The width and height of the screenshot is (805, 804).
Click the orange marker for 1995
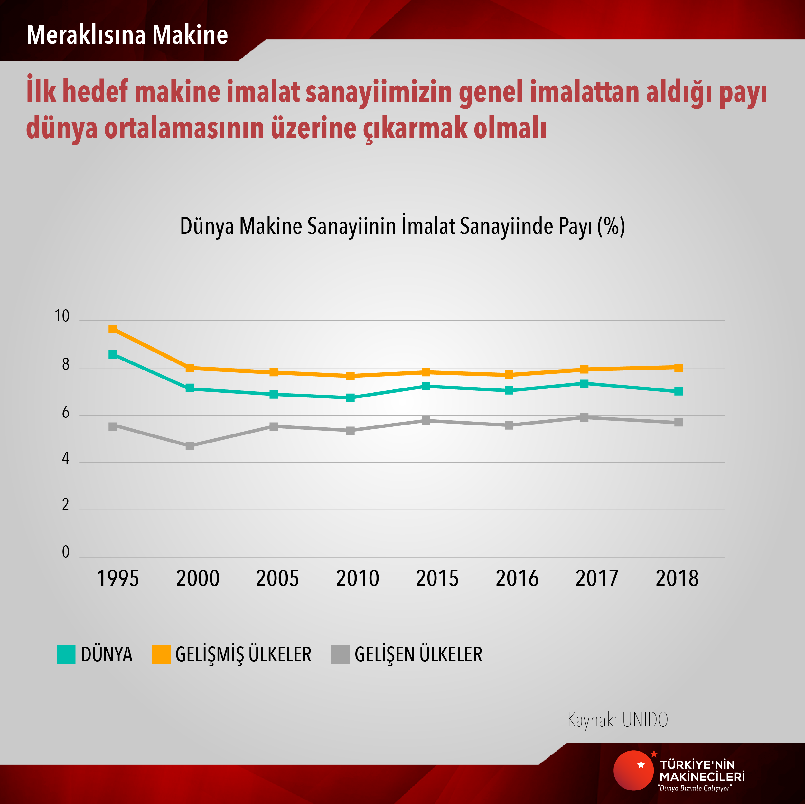point(113,329)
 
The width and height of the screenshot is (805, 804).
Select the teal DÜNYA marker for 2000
point(190,388)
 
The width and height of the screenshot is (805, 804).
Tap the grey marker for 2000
point(190,445)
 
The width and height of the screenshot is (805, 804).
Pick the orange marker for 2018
point(678,367)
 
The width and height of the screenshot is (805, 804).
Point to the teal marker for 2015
point(426,386)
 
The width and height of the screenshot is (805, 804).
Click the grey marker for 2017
point(584,417)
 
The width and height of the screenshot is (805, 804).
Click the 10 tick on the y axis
point(62,316)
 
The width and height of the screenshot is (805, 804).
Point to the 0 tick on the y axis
point(65,552)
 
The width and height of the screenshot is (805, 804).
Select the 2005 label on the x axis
point(277,578)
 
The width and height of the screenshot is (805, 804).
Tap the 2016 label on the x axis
point(517,578)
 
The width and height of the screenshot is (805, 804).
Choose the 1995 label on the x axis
point(117,578)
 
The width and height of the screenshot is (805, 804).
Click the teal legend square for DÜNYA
point(66,654)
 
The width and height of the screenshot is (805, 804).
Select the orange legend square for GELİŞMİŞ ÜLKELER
point(161,654)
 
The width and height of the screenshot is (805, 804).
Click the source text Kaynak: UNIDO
point(617,719)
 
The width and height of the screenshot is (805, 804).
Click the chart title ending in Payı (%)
point(402,226)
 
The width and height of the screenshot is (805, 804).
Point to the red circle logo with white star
point(633,770)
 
